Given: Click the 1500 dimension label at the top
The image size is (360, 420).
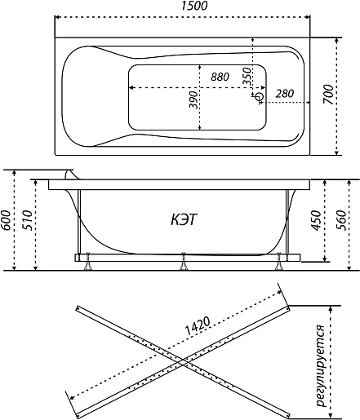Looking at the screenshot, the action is point(194,6).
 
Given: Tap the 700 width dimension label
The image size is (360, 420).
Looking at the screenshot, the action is point(328,94).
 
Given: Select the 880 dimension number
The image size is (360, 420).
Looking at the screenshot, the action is point(220,77).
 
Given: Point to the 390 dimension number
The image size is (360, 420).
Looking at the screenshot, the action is point(193,99).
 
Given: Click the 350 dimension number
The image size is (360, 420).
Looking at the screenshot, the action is point(247,77).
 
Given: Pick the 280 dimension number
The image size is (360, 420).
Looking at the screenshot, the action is point(285,94).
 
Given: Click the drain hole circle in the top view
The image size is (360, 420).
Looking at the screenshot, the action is point(259,96).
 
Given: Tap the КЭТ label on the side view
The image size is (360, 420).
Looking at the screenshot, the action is point(184,219).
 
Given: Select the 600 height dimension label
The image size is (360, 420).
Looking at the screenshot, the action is point(7,220).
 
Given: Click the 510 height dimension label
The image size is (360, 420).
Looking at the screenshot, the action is point(28,220).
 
